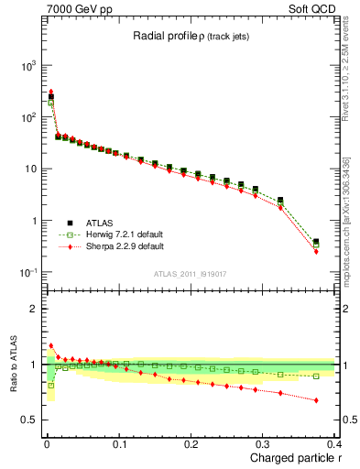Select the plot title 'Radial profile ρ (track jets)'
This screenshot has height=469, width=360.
pyautogui.click(x=191, y=36)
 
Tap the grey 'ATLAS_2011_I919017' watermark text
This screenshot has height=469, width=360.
pyautogui.click(x=191, y=272)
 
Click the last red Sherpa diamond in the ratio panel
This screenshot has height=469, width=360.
pyautogui.click(x=316, y=400)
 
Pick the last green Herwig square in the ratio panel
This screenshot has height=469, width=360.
pyautogui.click(x=316, y=376)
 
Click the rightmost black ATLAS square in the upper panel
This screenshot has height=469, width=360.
pyautogui.click(x=316, y=242)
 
